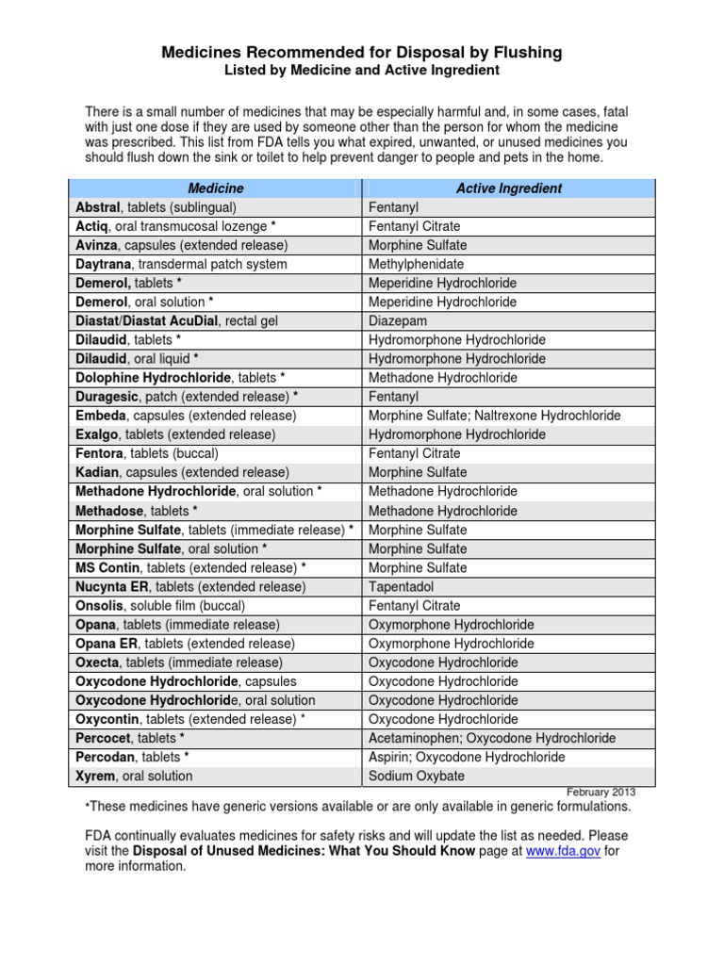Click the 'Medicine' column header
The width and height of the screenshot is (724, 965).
tap(216, 188)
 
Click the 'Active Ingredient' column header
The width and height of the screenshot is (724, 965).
tap(508, 188)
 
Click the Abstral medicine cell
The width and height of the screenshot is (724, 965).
tap(156, 207)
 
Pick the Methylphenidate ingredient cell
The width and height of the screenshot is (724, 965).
tap(416, 264)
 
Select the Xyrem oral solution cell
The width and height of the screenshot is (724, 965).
tap(134, 776)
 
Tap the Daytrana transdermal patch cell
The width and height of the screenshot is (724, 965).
tap(181, 264)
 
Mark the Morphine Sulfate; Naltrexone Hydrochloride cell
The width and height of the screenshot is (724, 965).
tap(494, 416)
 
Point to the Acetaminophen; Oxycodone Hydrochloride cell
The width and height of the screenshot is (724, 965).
tap(492, 738)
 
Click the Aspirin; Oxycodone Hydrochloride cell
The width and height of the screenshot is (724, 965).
tap(467, 757)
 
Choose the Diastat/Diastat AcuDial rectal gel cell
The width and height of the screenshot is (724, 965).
tap(176, 321)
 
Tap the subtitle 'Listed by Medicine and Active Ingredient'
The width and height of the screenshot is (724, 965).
tap(361, 71)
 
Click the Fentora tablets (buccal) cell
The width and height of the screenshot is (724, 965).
tap(155, 453)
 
